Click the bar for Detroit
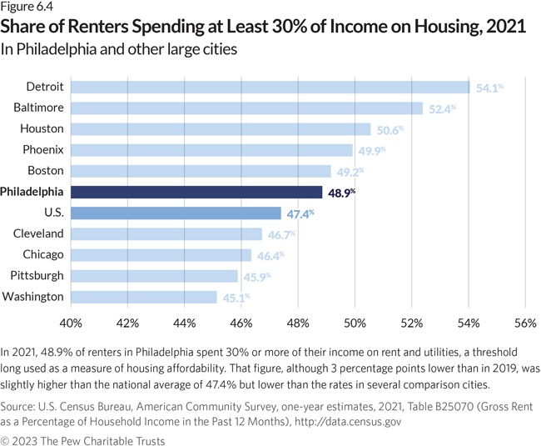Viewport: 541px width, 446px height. point(270,87)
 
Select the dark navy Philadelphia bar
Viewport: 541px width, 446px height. point(196,192)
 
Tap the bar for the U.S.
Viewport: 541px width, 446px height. point(176,213)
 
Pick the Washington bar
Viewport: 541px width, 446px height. point(143,297)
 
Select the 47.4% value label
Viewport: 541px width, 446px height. point(300,213)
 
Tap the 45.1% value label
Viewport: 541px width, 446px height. point(236,297)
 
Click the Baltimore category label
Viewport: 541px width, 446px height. point(38,108)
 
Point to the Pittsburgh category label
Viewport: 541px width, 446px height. point(37,276)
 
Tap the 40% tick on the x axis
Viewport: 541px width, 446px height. point(71,323)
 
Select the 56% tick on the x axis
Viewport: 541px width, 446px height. point(525,323)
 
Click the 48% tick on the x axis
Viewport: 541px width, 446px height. point(298,323)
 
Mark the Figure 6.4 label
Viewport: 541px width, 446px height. point(30,9)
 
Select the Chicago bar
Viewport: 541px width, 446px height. point(161,255)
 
